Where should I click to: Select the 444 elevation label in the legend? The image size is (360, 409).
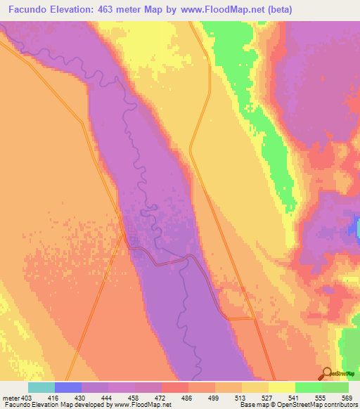point(108,398)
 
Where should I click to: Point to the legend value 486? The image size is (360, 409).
point(188,398)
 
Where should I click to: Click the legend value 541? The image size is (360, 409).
point(295,398)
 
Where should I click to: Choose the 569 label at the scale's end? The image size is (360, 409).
point(347,398)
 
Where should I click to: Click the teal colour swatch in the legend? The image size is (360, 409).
point(41,387)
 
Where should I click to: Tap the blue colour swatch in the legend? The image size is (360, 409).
point(68,387)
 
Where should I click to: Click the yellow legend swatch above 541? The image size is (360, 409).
point(281,387)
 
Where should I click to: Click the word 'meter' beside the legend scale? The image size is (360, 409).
point(9,398)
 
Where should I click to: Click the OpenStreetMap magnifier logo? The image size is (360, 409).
point(327,373)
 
